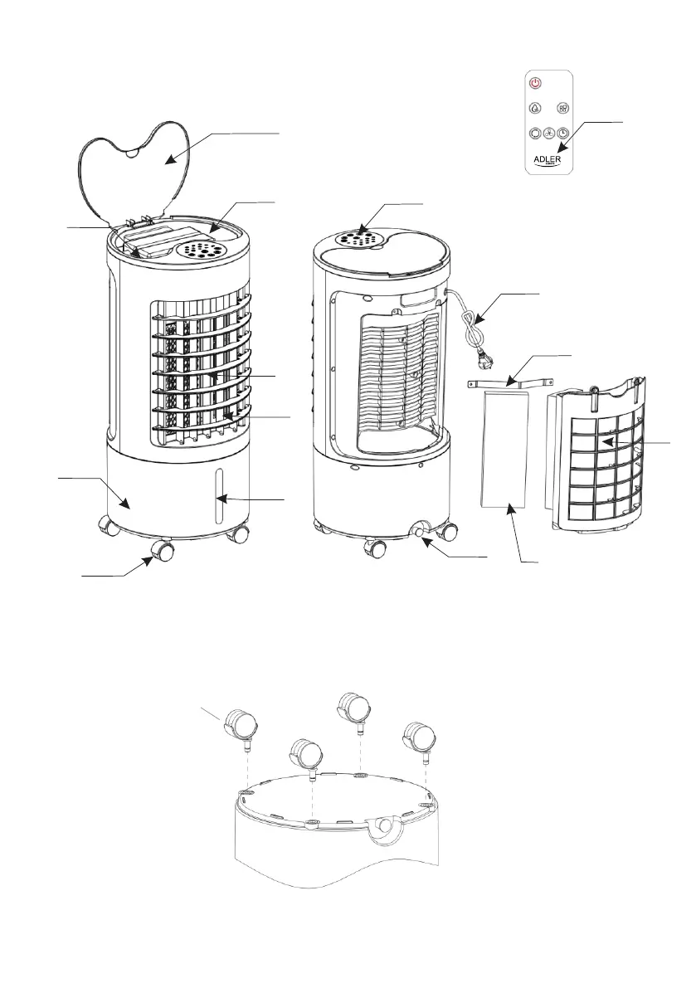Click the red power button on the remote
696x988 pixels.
536,83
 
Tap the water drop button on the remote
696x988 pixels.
536,108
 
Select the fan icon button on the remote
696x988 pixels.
562,108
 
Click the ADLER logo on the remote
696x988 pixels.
549,157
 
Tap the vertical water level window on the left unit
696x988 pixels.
220,496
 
